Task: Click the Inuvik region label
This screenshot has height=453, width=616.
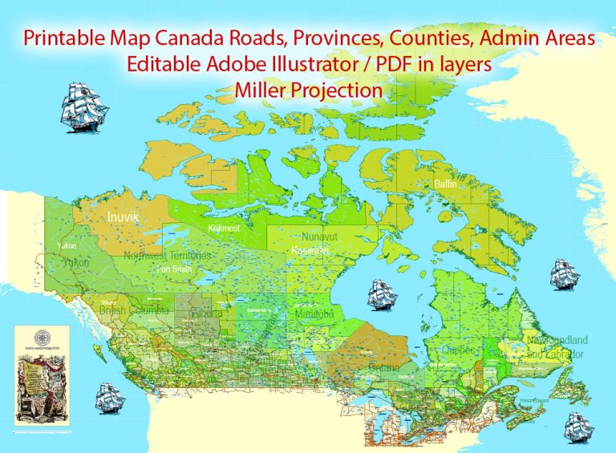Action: tap(125, 217)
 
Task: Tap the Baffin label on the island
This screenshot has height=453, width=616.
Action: tap(445, 184)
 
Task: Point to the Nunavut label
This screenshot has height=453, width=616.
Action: tap(324, 237)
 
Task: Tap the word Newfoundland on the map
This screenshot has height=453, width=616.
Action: tap(555, 339)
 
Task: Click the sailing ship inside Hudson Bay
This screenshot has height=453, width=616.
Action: tap(382, 295)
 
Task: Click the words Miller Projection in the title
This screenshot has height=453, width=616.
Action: tap(309, 91)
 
